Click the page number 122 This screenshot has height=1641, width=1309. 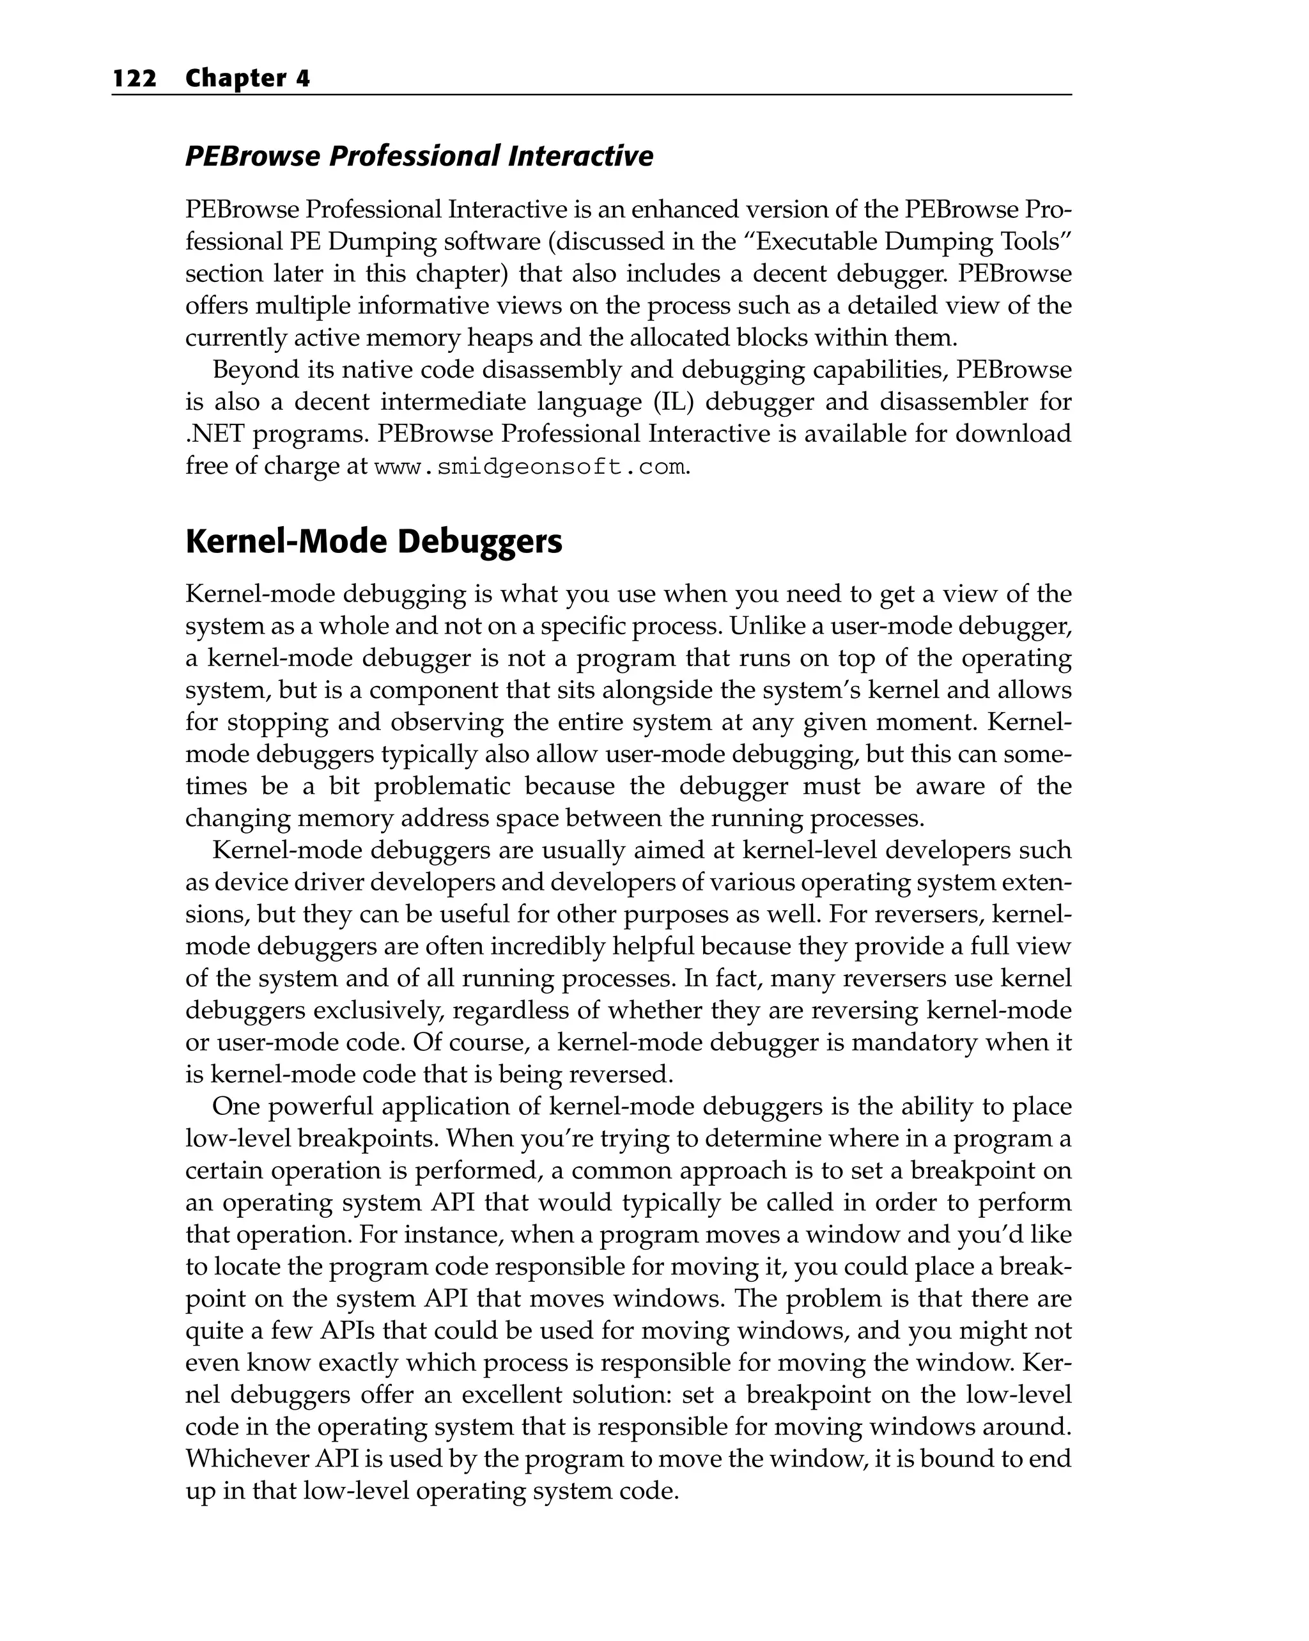pyautogui.click(x=135, y=79)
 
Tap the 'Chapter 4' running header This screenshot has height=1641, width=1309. pyautogui.click(x=247, y=79)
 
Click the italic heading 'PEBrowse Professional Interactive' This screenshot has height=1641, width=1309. pyautogui.click(x=419, y=156)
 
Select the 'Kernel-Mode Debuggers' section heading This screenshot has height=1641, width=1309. pyautogui.click(x=374, y=542)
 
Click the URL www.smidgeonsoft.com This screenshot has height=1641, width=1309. pyautogui.click(x=531, y=467)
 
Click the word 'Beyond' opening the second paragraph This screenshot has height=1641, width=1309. pyautogui.click(x=255, y=370)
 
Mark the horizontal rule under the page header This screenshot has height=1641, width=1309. pyautogui.click(x=591, y=95)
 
